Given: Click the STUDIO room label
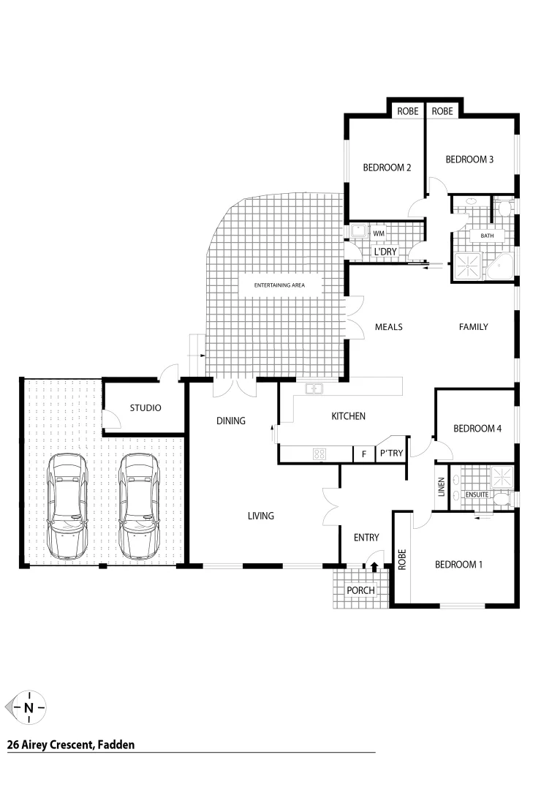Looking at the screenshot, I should pos(145,407).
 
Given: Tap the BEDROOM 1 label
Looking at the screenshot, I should pos(458,564).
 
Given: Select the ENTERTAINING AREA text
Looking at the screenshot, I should pos(279,285).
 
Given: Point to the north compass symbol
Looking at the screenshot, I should pos(29,707).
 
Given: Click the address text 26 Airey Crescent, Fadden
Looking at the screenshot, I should pos(71,745).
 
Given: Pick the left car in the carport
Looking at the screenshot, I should pos(67,505).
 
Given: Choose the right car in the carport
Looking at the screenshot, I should pos(139,505).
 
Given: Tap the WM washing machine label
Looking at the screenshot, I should pos(379,233).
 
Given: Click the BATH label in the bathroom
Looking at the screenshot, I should pos(487,236).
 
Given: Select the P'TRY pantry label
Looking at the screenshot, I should pos(391,454).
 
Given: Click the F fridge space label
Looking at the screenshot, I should pos(363,454).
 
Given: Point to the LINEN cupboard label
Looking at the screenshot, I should pos(441,487).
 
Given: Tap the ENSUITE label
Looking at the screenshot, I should pos(477,495).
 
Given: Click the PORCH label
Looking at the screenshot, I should pos(360,590).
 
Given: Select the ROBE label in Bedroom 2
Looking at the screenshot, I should pos(408,111).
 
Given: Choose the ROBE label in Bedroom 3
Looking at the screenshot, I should pos(442,111).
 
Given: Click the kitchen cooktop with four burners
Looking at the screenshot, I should pos(319,454).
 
